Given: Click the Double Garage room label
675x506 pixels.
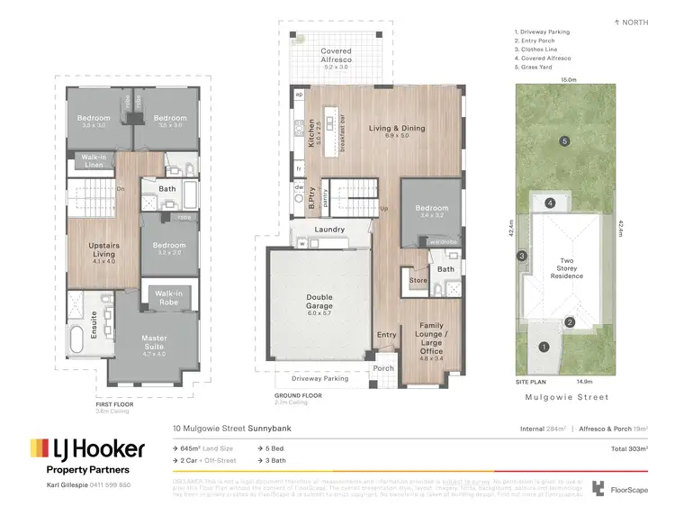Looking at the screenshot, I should pos(319,304).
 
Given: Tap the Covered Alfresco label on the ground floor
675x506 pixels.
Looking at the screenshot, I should pos(337,57).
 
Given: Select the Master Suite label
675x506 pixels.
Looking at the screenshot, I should pos(154,343).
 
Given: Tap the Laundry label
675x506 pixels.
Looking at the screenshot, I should pos(329,230).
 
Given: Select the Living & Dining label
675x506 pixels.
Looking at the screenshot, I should pos(397,129).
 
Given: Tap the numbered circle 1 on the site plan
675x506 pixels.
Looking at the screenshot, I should pos(543,347).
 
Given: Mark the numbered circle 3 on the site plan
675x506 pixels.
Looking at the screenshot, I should pos(521,257).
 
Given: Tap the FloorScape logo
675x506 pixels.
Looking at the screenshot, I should pos(622,489).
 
